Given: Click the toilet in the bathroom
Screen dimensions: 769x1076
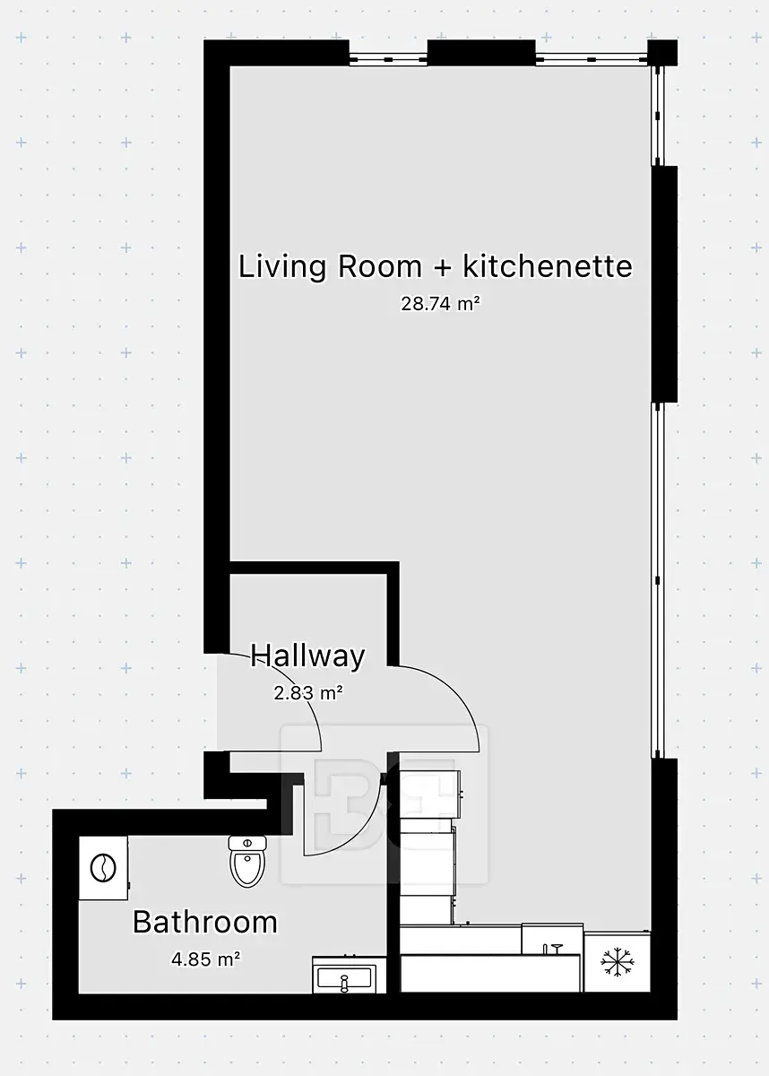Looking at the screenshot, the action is pos(247,861).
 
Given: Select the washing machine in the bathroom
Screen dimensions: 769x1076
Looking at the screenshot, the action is pos(104,868).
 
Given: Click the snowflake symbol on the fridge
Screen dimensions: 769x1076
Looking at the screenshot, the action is pos(618,961).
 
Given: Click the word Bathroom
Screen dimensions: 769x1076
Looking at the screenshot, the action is pos(205,922).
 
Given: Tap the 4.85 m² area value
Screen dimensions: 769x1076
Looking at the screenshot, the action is pos(206,959).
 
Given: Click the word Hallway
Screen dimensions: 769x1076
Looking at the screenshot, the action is pos(307,656).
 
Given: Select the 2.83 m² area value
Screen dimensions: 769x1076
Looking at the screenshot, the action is pos(308,692).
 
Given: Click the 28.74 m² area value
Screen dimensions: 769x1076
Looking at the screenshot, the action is pos(441,304).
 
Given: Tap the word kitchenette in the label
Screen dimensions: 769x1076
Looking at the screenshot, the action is pos(548,266).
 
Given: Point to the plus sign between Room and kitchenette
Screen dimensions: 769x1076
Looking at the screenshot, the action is pos(442,268).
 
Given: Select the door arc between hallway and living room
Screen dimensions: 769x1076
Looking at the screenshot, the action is pos(462,697).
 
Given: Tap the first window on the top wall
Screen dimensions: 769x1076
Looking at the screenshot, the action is pos(388,59).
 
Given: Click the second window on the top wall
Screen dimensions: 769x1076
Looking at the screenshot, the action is pos(592,59).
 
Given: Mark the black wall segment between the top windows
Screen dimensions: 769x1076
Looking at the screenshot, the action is pos(481,53).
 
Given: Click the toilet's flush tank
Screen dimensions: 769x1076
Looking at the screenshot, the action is pos(247,843).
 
